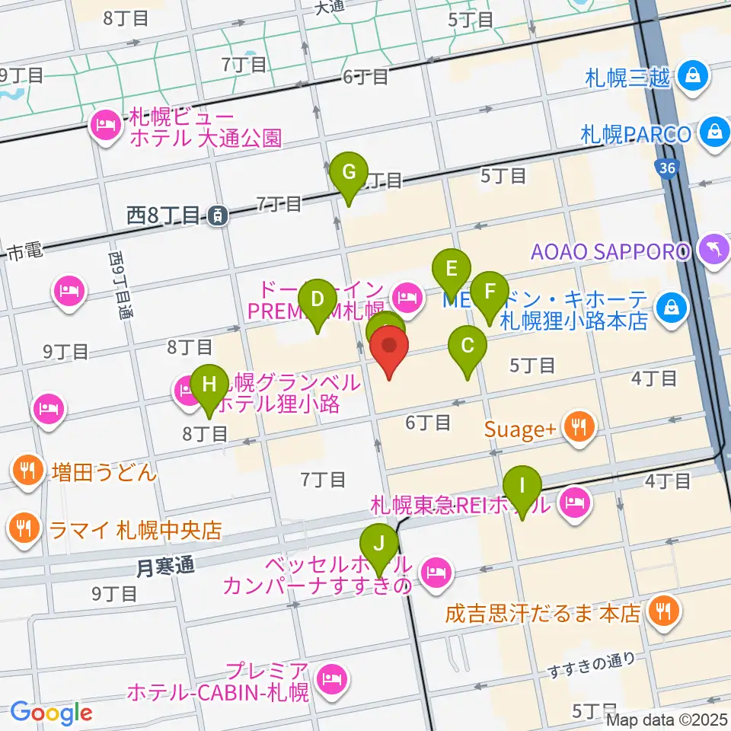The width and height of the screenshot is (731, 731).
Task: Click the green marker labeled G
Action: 349,173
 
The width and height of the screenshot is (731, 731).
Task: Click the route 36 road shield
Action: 668,169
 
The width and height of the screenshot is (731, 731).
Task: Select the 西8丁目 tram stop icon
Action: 219,216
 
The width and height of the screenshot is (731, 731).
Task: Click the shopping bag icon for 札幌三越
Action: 694,75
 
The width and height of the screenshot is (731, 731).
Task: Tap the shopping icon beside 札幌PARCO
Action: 716,132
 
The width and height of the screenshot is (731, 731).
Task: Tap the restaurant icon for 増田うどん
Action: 28,472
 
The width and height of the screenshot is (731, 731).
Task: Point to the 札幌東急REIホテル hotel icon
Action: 572,503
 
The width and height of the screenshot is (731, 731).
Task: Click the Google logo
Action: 51,713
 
